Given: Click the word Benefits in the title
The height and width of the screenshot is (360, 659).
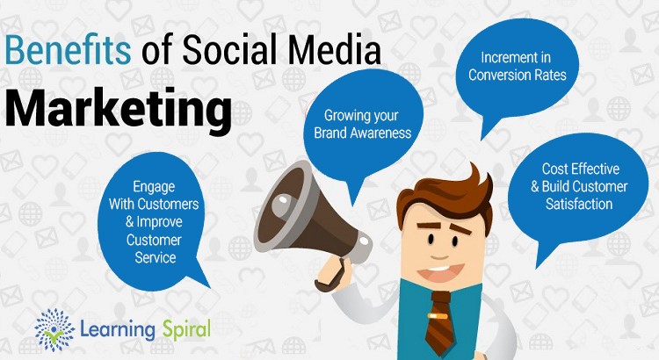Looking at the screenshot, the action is pyautogui.click(x=68, y=50).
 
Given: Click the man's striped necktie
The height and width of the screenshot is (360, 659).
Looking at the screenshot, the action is pyautogui.click(x=439, y=322).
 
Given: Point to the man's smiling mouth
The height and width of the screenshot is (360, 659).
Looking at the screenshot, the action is pyautogui.click(x=440, y=273).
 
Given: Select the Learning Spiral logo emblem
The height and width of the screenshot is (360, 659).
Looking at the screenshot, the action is pyautogui.click(x=54, y=329).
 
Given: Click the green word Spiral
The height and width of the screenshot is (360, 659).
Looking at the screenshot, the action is pyautogui.click(x=186, y=330).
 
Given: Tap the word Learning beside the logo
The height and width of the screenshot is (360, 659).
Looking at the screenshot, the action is pyautogui.click(x=118, y=330).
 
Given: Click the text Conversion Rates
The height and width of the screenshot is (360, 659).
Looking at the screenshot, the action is pyautogui.click(x=518, y=76).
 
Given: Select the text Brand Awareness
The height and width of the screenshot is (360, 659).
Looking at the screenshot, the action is pyautogui.click(x=363, y=133).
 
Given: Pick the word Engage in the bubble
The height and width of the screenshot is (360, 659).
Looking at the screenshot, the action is pyautogui.click(x=154, y=187).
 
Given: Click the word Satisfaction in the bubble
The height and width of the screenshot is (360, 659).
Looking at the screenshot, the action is pyautogui.click(x=579, y=205).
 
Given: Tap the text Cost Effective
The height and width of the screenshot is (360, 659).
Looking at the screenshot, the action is pyautogui.click(x=581, y=169).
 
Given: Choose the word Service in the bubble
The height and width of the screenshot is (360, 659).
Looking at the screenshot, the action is pyautogui.click(x=155, y=257).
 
